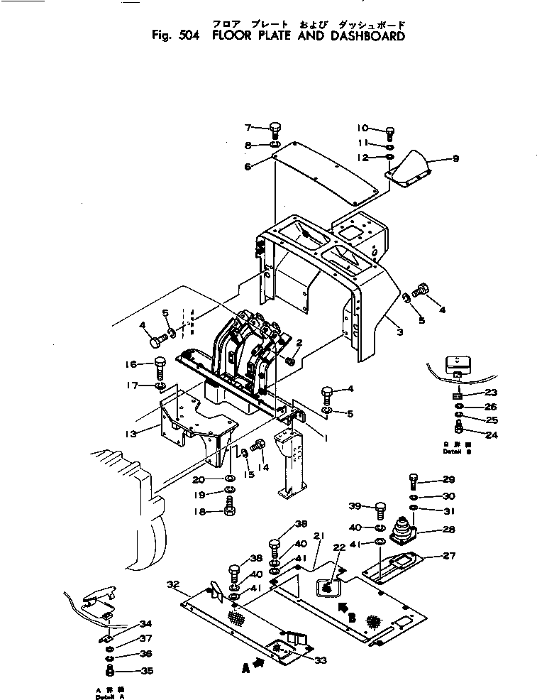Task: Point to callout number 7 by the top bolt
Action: (x=248, y=128)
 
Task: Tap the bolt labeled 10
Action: (x=390, y=131)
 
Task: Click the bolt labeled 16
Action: (x=160, y=368)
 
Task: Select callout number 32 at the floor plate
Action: (x=172, y=584)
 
